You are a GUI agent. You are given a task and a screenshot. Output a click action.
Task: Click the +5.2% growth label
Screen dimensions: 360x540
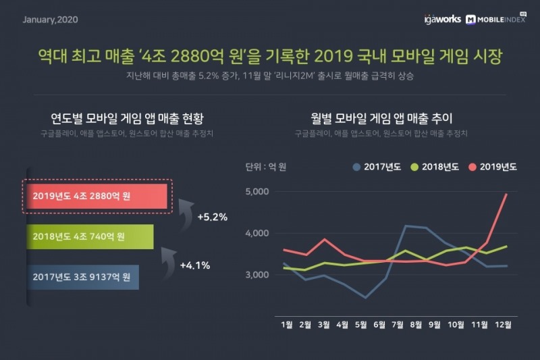[212, 217]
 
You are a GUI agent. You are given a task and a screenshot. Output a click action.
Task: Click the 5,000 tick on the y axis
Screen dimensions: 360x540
[256, 192]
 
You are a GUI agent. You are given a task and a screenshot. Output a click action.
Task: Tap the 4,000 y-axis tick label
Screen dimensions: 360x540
[256, 234]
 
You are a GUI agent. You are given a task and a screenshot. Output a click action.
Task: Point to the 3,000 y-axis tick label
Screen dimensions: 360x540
[256, 275]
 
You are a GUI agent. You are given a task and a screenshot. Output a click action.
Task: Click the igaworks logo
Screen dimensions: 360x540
[439, 19]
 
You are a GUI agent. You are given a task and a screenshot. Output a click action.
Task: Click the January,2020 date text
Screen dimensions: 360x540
[51, 19]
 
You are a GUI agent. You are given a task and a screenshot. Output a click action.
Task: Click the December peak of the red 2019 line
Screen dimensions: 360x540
[506, 195]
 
